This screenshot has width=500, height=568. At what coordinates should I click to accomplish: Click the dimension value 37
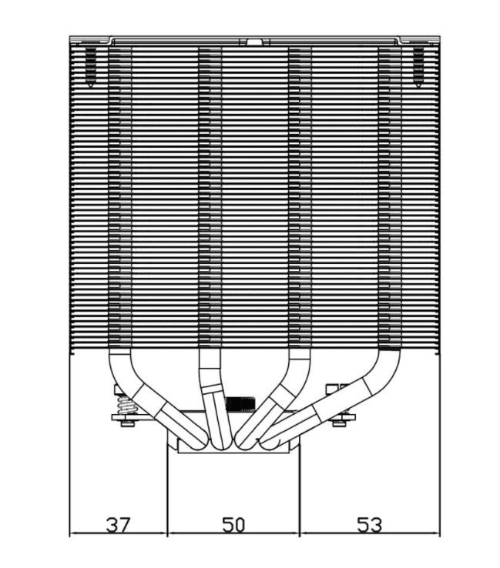[x=118, y=525]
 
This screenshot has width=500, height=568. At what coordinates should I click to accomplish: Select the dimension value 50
[x=233, y=525]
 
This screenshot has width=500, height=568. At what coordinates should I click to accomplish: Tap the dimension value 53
[x=370, y=525]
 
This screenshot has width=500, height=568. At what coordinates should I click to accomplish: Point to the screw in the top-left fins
[x=90, y=67]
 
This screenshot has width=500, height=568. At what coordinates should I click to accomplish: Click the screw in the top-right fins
[x=418, y=67]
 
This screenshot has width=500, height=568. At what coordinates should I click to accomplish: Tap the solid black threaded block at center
[x=240, y=403]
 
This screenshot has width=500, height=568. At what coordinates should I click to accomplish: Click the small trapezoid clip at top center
[x=254, y=42]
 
